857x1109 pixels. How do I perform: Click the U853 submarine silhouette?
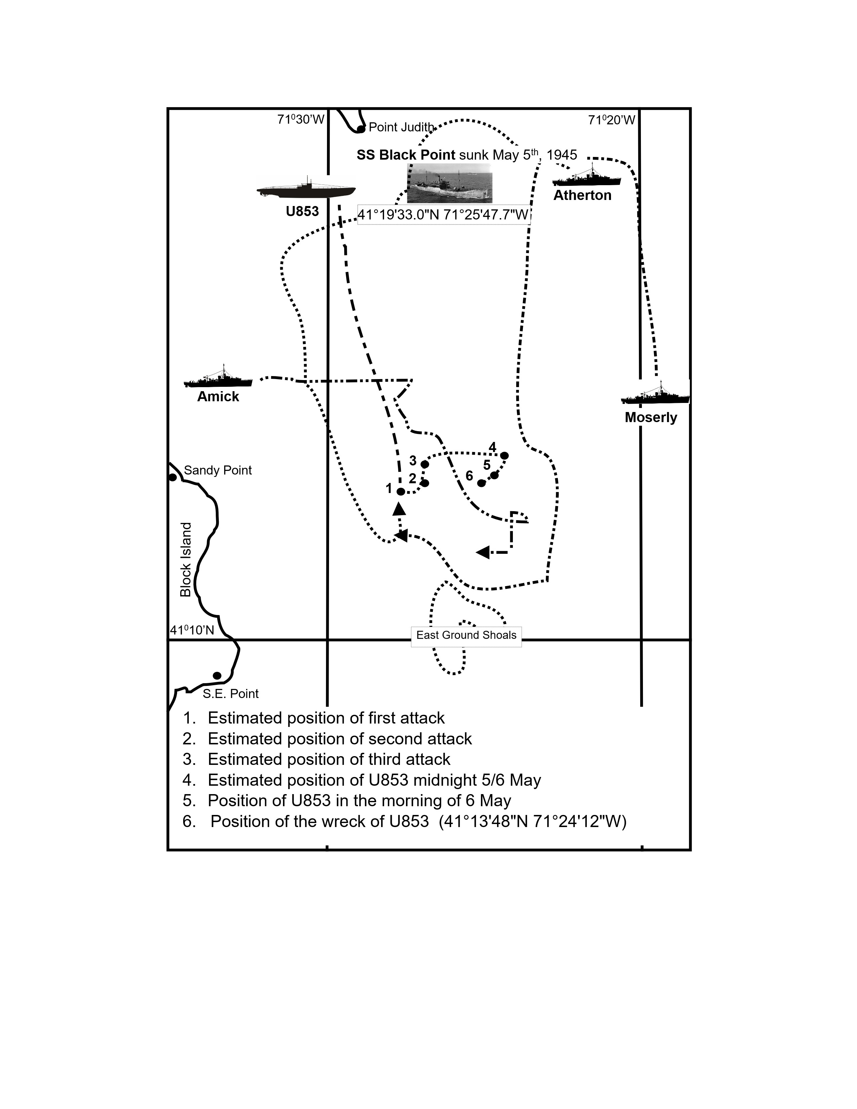click(x=306, y=190)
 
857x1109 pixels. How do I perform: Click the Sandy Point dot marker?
click(x=173, y=477)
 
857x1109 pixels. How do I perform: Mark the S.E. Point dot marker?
click(x=217, y=676)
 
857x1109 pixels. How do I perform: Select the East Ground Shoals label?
click(x=466, y=635)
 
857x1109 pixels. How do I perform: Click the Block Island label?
click(x=186, y=560)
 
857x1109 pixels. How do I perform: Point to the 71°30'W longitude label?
click(x=300, y=120)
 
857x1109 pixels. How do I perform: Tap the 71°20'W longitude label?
click(x=612, y=120)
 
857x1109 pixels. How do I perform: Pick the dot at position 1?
click(x=401, y=492)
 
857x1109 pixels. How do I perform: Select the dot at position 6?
click(x=481, y=483)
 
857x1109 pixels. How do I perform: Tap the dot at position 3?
click(x=425, y=464)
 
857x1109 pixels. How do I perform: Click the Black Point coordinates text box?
click(x=444, y=215)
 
